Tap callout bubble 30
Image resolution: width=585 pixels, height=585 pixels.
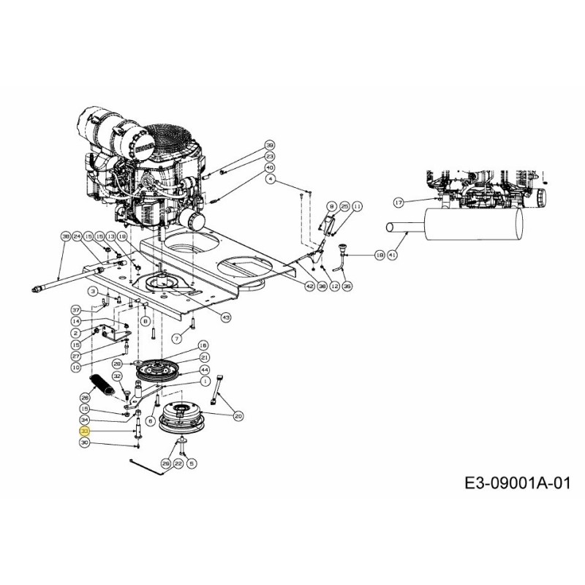click(x=84, y=443)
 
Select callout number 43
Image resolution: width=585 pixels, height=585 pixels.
click(x=225, y=317)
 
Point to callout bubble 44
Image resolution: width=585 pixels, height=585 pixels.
click(x=205, y=371)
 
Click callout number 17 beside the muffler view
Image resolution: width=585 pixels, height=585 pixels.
click(x=399, y=203)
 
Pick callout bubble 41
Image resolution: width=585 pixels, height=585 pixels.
click(x=393, y=254)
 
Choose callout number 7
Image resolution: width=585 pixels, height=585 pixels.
click(x=176, y=338)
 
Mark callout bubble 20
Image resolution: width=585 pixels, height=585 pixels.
click(x=238, y=415)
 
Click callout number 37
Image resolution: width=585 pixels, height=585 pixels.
click(x=76, y=310)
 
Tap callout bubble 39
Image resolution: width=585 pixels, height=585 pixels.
click(x=269, y=145)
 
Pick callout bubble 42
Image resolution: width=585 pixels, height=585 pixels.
click(x=309, y=287)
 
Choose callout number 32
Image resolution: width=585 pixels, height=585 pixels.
click(x=117, y=376)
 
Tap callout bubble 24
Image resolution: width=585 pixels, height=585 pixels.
click(x=76, y=237)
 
